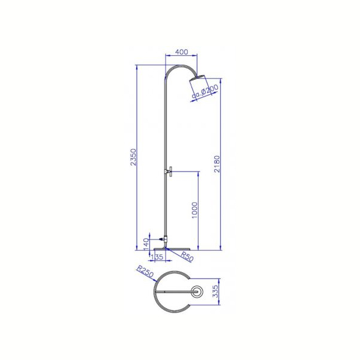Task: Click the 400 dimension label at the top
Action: (181, 52)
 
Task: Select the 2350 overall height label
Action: (133, 157)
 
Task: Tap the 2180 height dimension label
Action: (217, 164)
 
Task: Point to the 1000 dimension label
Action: (194, 211)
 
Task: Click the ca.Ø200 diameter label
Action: (205, 92)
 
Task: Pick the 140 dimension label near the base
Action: (146, 245)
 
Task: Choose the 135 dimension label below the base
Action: (157, 257)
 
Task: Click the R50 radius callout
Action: (187, 256)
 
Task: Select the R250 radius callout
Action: (145, 271)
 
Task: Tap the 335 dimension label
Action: (215, 292)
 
